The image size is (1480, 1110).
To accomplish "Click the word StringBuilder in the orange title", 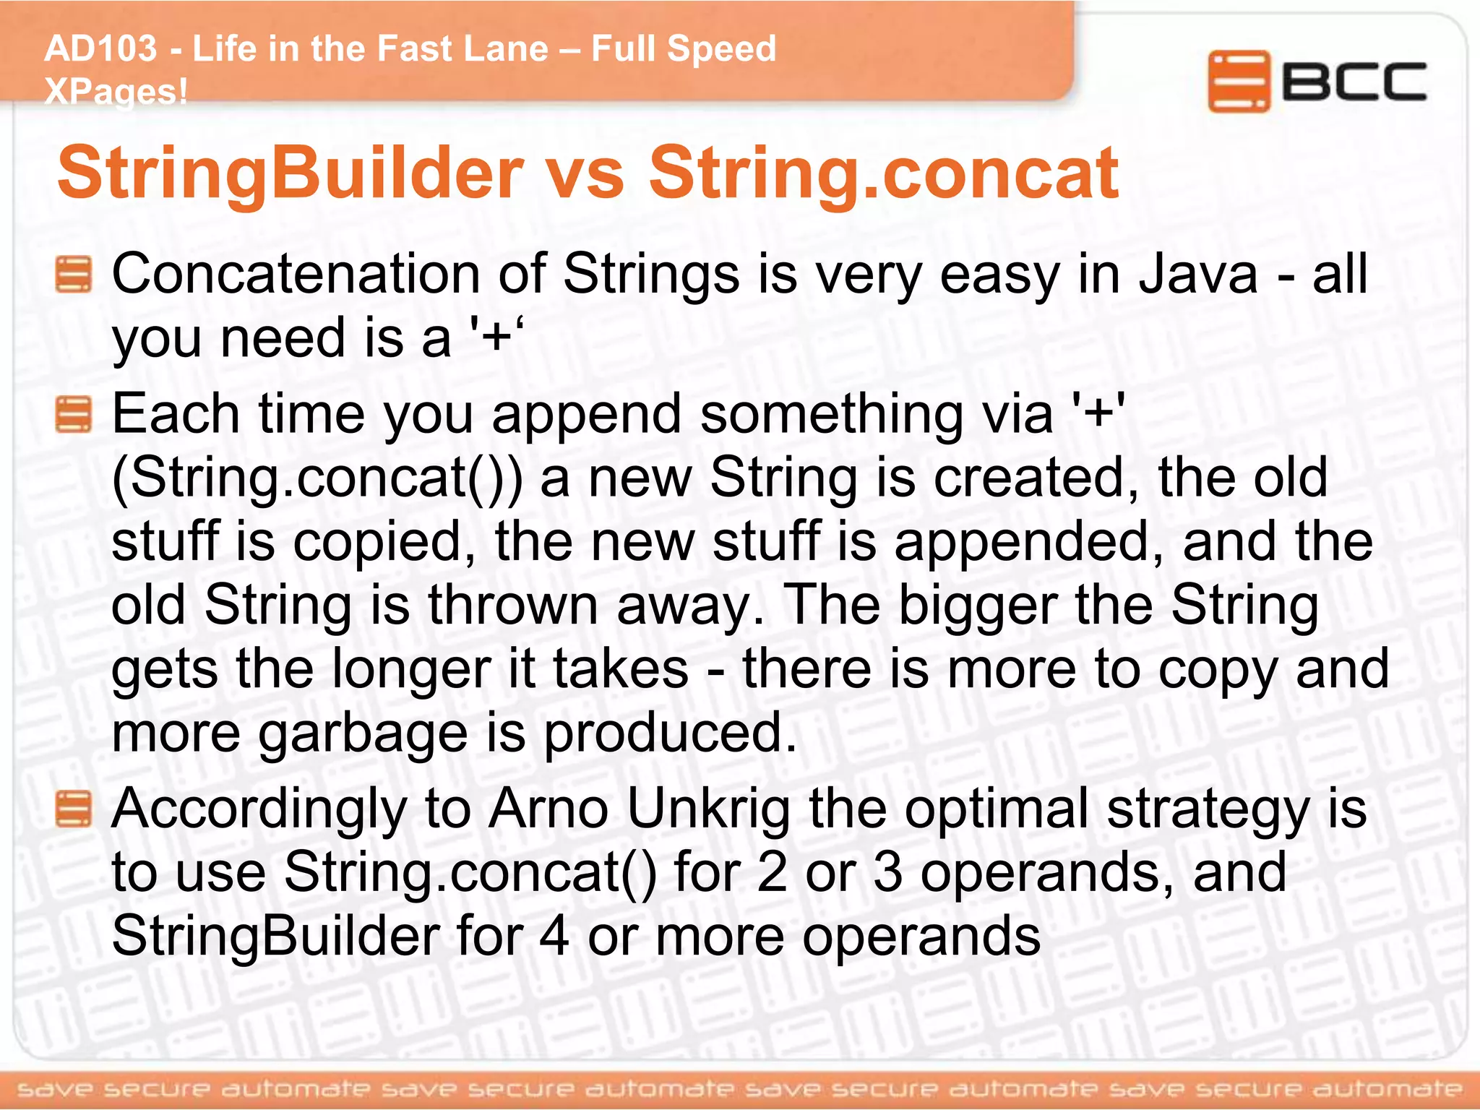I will point(289,173).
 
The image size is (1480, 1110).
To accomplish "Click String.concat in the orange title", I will point(883,173).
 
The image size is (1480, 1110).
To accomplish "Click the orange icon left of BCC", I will point(1239,81).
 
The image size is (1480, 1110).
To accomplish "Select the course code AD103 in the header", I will point(100,49).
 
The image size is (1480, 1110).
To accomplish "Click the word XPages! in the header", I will point(116,92).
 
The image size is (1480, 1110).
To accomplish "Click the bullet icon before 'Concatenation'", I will point(74,275).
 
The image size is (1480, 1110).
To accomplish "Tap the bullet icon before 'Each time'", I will point(74,414).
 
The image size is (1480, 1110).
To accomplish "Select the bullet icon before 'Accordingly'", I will point(74,809).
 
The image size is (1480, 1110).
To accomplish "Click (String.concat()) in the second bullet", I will point(317,478).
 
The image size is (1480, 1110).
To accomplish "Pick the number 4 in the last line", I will point(554,937).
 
